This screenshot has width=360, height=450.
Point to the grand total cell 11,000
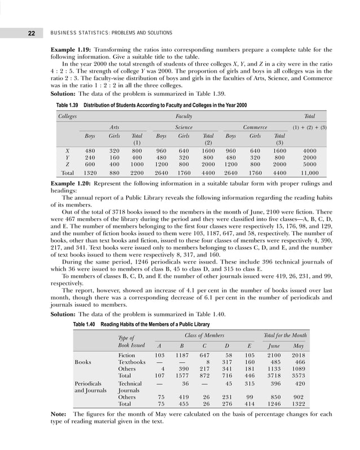(310, 173)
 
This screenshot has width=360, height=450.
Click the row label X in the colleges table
(67, 151)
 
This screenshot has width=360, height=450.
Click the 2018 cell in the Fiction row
(299, 355)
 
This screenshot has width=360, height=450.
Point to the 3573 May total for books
(299, 375)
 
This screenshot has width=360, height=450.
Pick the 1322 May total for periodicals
(299, 404)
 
